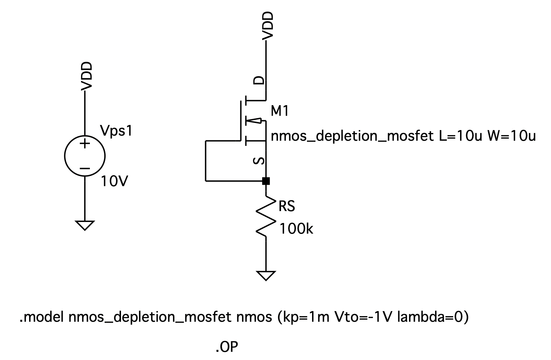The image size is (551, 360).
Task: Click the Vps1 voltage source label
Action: tap(116, 131)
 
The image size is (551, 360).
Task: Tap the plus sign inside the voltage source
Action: tap(85, 143)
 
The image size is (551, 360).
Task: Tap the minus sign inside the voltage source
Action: tap(85, 168)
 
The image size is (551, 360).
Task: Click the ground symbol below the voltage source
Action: tap(85, 225)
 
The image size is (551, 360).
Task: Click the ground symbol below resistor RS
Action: tap(266, 275)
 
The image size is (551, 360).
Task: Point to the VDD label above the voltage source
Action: tap(87, 76)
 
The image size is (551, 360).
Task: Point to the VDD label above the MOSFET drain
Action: tap(268, 25)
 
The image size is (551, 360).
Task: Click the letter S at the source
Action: tap(260, 161)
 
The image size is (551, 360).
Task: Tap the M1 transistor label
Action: tap(280, 111)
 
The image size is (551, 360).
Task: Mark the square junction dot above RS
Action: tap(266, 181)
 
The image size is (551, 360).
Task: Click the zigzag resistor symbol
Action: tap(266, 217)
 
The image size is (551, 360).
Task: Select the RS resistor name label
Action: tap(286, 206)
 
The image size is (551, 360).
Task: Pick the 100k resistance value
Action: tap(296, 229)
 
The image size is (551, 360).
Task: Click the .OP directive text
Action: tap(227, 347)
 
